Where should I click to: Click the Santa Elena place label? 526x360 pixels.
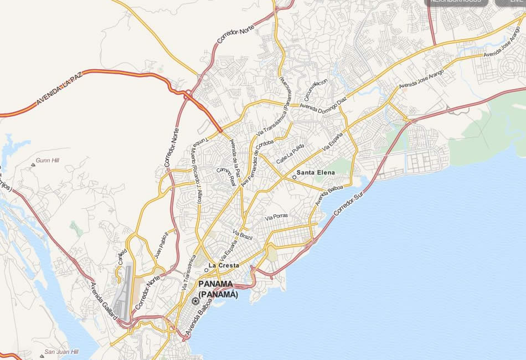316,173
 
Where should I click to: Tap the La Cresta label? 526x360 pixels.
224,266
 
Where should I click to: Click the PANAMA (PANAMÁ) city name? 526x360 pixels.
218,289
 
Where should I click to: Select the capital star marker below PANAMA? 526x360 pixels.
195,301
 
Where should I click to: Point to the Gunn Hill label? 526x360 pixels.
47,161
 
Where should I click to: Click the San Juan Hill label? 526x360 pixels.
61,352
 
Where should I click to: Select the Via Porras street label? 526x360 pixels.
277,217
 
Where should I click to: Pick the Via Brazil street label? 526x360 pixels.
243,234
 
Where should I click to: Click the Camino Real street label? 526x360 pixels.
227,176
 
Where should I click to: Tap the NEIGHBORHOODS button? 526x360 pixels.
456,2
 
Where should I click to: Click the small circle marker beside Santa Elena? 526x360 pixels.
294,177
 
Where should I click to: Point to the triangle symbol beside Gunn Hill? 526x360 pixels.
33,164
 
